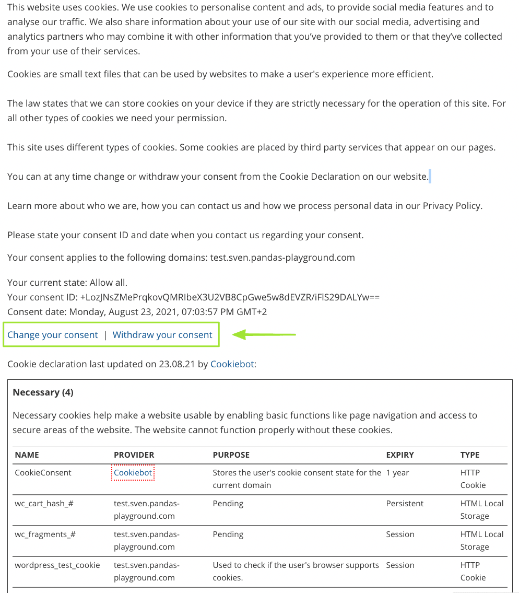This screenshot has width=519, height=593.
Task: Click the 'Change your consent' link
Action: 53,335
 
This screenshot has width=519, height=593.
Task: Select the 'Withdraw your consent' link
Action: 162,335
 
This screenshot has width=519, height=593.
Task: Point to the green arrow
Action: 264,334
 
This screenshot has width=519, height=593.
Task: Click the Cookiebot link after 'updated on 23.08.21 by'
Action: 232,364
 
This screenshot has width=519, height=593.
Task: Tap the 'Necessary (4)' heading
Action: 43,392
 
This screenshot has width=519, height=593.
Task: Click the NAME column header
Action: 27,455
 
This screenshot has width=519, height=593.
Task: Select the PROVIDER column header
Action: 134,455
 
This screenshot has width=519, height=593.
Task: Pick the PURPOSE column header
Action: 231,455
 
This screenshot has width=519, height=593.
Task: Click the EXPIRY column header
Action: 400,455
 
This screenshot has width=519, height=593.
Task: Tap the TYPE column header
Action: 470,455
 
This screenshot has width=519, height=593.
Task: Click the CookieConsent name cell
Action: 43,473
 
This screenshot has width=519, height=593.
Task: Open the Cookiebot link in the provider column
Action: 133,473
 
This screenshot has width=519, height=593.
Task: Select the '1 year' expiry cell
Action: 398,473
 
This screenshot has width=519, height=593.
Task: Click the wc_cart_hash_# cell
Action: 44,504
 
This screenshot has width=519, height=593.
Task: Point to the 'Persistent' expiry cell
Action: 405,504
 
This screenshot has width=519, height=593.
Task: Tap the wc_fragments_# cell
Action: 45,534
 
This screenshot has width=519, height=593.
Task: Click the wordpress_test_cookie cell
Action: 57,565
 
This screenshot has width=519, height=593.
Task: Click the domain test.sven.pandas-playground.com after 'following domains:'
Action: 282,258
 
